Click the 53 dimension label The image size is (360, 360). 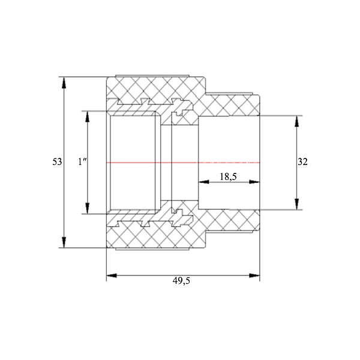57,162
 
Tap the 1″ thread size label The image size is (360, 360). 82,162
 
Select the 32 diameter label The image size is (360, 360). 302,162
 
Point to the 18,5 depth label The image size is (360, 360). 228,177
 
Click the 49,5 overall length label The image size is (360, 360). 181,281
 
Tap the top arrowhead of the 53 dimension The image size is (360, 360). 64,83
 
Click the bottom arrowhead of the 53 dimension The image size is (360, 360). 64,242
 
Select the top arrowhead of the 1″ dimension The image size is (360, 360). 87,116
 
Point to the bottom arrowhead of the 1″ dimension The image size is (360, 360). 87,208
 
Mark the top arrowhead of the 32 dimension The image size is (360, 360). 296,121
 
